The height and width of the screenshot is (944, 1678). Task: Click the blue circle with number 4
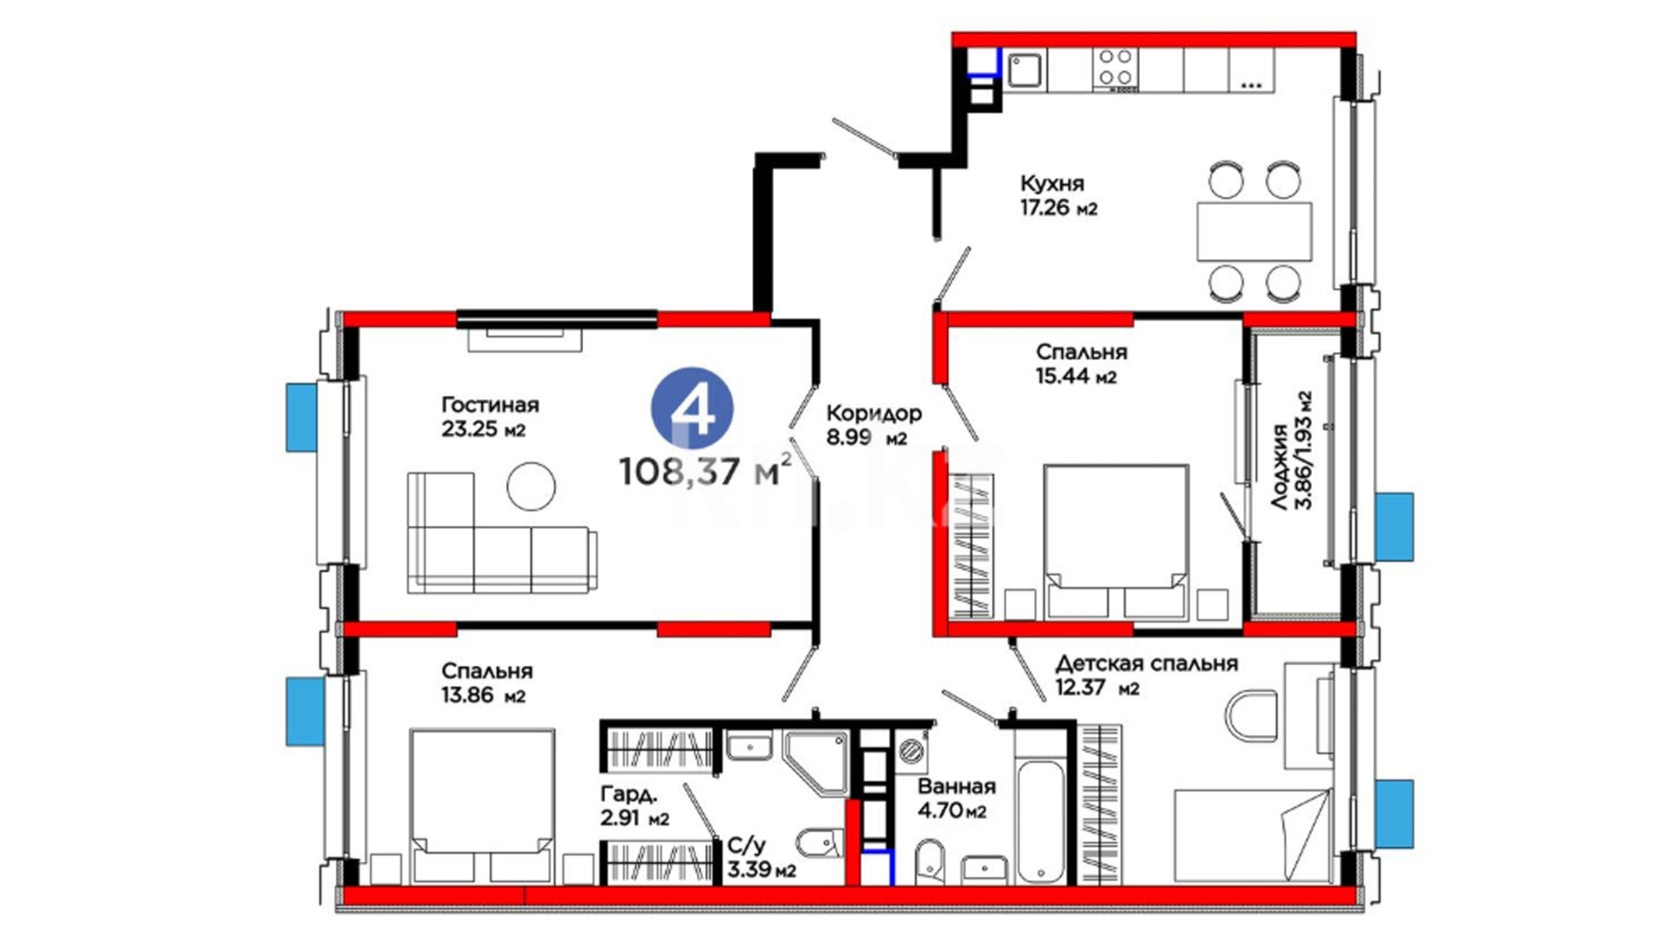tap(692, 408)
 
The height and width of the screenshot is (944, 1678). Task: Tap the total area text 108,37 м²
tap(706, 471)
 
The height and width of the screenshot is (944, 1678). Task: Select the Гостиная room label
tap(489, 405)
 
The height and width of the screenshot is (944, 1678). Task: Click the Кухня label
tap(1052, 184)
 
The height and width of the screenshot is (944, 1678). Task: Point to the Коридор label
tap(874, 413)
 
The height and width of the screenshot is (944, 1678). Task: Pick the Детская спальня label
tap(1147, 663)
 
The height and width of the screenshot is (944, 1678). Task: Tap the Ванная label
tap(956, 787)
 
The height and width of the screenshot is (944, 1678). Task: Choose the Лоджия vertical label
tap(1279, 467)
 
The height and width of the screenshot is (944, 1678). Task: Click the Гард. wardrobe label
tap(628, 795)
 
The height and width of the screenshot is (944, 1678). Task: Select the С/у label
tap(746, 845)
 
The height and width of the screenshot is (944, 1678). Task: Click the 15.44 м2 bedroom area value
tap(1077, 376)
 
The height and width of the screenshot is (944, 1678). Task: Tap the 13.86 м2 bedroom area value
tap(483, 696)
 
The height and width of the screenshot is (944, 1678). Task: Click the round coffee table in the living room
tap(530, 486)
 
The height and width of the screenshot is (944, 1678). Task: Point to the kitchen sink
tap(1025, 70)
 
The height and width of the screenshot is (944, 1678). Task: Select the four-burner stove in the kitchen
tap(1115, 67)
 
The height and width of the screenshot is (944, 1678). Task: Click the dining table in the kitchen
tap(1254, 231)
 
